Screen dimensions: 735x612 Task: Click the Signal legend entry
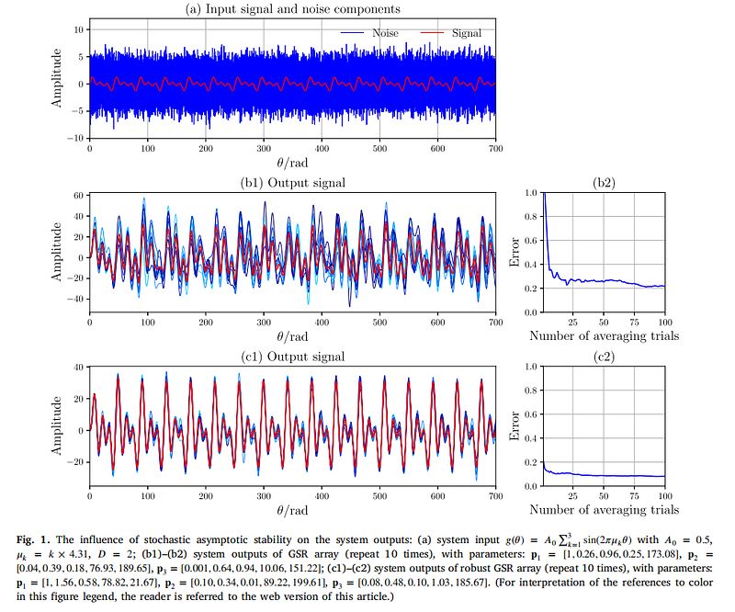pos(451,33)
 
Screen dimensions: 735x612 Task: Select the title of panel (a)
pos(293,9)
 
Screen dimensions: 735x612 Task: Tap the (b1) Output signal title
pos(292,183)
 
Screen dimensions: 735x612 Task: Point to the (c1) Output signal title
pos(292,357)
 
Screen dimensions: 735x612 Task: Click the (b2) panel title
pos(604,183)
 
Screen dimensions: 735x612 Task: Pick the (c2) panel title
pos(604,357)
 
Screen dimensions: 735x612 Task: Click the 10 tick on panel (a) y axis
pos(78,29)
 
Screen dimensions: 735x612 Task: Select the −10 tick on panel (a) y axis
pos(75,138)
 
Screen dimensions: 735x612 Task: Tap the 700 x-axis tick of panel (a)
pos(495,149)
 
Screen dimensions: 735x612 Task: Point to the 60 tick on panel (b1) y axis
pos(78,196)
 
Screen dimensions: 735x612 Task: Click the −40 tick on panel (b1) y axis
pos(75,299)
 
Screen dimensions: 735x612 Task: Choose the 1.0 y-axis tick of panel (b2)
pos(531,192)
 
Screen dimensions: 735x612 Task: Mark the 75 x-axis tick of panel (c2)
pos(634,496)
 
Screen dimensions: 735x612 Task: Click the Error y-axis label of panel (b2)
pos(514,252)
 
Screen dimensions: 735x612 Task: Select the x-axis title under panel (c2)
pos(605,509)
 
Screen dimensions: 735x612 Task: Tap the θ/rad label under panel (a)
pos(292,163)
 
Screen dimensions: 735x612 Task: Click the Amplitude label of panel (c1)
pos(56,425)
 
